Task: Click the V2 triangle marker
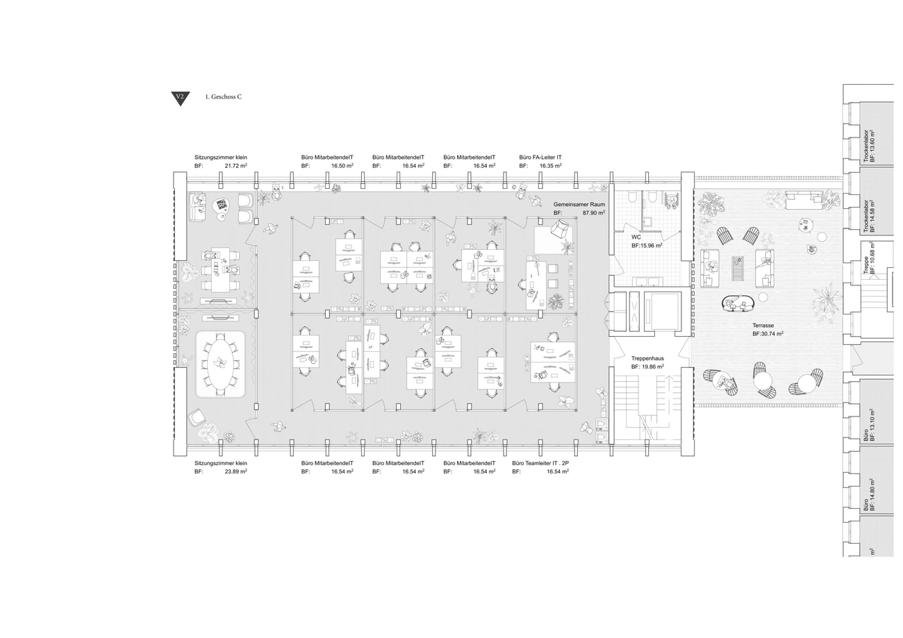click(x=180, y=99)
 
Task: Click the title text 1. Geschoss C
click(x=224, y=96)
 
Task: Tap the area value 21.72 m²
click(x=236, y=166)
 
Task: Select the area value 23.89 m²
click(x=236, y=471)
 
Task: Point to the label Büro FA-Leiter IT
click(x=540, y=158)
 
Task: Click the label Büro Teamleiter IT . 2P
click(x=540, y=464)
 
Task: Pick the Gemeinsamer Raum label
click(x=579, y=205)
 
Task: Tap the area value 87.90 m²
click(x=593, y=212)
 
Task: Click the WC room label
click(x=636, y=237)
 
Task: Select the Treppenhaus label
click(x=647, y=358)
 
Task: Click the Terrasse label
click(x=763, y=326)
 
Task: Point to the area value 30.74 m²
click(x=772, y=334)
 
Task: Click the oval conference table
click(x=220, y=364)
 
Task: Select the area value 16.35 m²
click(x=550, y=166)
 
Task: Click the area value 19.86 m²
click(x=652, y=367)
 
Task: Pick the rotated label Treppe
click(x=866, y=265)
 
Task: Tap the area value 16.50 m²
click(x=342, y=166)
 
